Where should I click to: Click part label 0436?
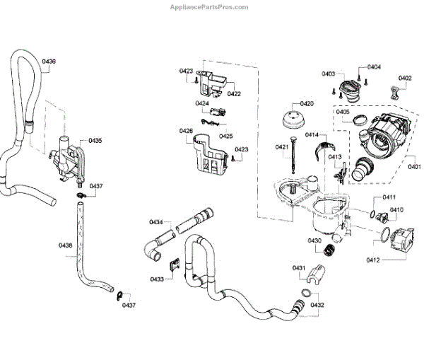(x=48, y=62)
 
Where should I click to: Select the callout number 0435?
(x=95, y=141)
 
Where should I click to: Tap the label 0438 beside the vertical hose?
(x=65, y=245)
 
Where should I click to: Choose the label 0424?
(x=202, y=103)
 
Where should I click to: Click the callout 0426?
(x=186, y=131)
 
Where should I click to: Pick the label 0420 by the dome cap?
(x=307, y=103)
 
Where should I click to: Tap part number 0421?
(x=281, y=147)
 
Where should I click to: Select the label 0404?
(x=374, y=66)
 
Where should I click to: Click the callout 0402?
(x=404, y=78)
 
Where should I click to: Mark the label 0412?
(x=373, y=260)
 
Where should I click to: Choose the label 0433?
(x=156, y=279)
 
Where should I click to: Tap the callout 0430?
(x=314, y=241)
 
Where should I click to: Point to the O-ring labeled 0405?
(x=360, y=120)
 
